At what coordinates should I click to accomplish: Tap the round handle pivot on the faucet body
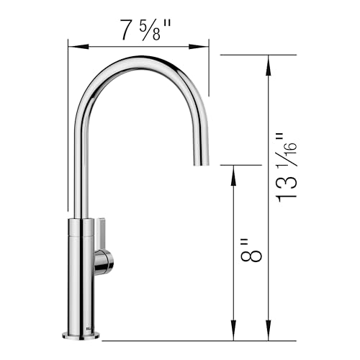pyautogui.click(x=104, y=262)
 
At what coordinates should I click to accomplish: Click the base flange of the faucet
pyautogui.click(x=81, y=334)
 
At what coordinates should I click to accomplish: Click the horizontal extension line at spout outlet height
pyautogui.click(x=238, y=165)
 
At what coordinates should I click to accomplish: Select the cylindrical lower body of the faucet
pyautogui.click(x=81, y=274)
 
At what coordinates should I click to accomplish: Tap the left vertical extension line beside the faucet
pyautogui.click(x=68, y=130)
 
